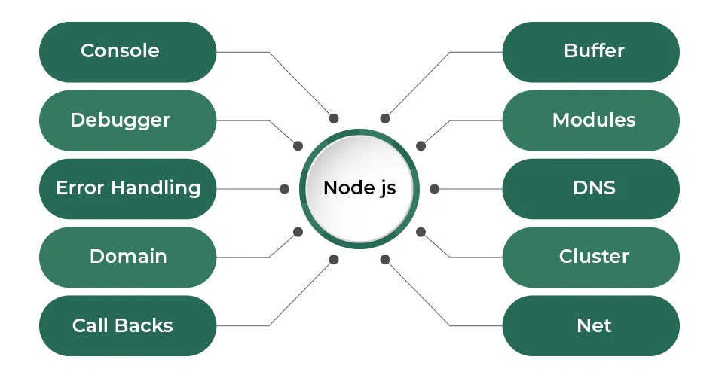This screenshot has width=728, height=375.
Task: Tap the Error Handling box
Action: coord(127,188)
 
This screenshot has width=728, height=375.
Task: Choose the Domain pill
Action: coord(127,257)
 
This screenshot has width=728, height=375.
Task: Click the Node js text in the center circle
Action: coord(359,188)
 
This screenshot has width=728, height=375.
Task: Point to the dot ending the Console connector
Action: coord(334,118)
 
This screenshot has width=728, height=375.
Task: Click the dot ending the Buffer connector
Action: coord(385,118)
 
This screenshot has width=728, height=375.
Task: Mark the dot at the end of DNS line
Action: coord(435,189)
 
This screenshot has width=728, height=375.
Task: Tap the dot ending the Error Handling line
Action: coord(284,189)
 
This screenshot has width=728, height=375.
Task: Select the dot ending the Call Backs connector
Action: coord(334,260)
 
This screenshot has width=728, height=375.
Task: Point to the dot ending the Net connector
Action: coord(385,260)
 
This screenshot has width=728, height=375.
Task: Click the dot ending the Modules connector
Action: coord(421,146)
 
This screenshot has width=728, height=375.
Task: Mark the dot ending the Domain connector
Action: coord(298,232)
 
